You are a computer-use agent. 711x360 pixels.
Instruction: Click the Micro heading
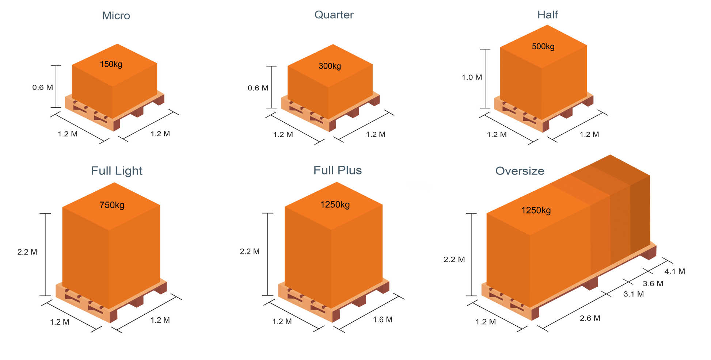(x=116, y=15)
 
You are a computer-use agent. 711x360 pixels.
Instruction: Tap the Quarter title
(x=334, y=15)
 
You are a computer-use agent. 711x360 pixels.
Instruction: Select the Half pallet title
(x=547, y=15)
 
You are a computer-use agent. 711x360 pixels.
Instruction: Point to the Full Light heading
(x=117, y=171)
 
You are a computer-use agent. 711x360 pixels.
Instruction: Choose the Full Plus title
(x=337, y=170)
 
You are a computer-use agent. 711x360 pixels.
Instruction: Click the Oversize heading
(x=520, y=171)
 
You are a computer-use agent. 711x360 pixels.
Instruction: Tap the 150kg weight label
(x=111, y=64)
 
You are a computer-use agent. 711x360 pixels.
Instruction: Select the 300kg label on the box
(x=330, y=66)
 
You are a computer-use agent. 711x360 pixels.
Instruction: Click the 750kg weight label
(x=112, y=205)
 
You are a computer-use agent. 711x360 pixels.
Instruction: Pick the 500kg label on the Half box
(x=543, y=46)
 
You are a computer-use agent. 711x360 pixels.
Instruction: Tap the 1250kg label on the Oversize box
(x=536, y=210)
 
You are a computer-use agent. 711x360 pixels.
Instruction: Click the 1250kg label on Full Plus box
(x=335, y=204)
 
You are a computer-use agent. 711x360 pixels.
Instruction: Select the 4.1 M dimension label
(x=674, y=271)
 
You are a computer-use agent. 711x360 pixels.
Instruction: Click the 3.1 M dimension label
(x=634, y=294)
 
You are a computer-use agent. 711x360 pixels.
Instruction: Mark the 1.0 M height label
(x=472, y=77)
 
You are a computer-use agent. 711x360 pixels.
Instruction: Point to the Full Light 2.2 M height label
(x=27, y=252)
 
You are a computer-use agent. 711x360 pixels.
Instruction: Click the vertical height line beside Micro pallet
(x=56, y=87)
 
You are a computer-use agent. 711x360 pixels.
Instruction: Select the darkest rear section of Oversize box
(x=640, y=215)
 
